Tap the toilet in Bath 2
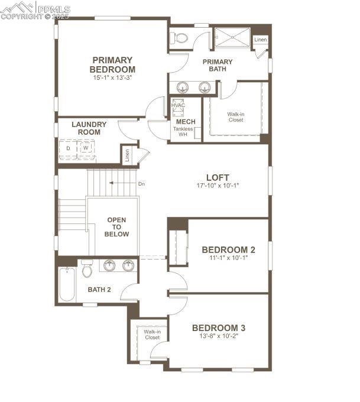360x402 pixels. [x=87, y=268]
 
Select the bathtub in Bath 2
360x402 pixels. [x=67, y=284]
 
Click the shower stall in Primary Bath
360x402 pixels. [x=232, y=37]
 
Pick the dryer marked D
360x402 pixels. [x=68, y=149]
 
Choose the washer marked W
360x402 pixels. [x=86, y=148]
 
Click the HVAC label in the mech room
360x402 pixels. [x=178, y=105]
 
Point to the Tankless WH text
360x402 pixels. [x=183, y=131]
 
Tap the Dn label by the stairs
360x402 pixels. [x=141, y=184]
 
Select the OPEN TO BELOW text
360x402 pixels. [x=116, y=227]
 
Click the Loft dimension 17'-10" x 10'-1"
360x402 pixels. [x=218, y=186]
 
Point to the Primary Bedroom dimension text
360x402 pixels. [x=112, y=77]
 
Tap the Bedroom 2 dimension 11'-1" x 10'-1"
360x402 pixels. [x=228, y=258]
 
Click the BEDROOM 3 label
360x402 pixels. [x=219, y=328]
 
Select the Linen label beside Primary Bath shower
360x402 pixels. [x=261, y=40]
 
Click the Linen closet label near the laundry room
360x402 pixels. [x=127, y=155]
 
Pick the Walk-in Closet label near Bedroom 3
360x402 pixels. [x=153, y=335]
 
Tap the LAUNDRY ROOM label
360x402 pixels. [x=89, y=128]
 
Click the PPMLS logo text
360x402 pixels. [x=54, y=9]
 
